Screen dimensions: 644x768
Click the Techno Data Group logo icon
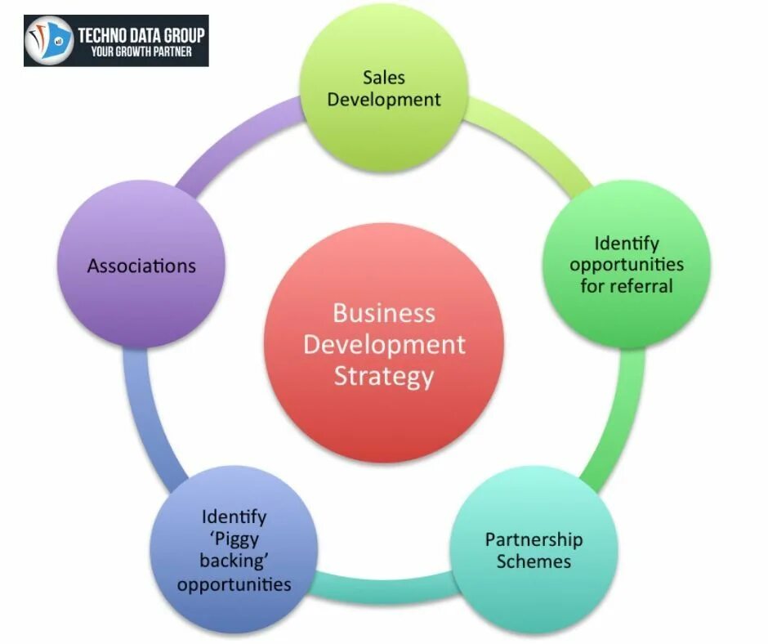coord(49,40)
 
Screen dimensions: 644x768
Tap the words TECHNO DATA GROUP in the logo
coord(141,34)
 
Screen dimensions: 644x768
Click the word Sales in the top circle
coord(384,78)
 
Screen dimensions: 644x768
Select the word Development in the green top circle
coord(384,100)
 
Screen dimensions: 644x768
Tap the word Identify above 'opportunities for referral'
coord(627,243)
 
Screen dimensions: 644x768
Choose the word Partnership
coord(534,539)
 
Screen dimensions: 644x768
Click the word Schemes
coord(534,561)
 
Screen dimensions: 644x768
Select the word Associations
coord(141,266)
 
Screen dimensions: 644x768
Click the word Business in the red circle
coord(383,313)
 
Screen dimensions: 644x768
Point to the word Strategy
coord(383,377)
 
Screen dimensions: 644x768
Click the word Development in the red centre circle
coord(383,344)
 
